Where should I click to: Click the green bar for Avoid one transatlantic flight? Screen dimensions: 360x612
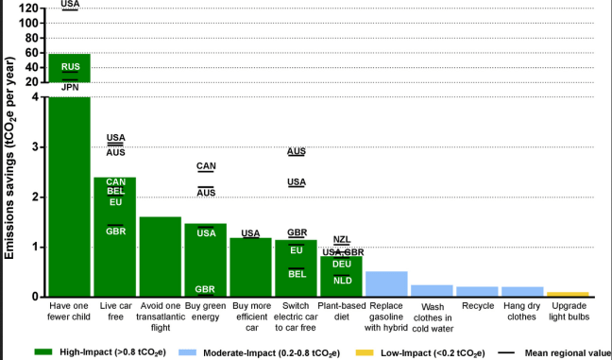(x=160, y=256)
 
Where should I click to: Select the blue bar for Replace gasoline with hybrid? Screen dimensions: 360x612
(x=386, y=283)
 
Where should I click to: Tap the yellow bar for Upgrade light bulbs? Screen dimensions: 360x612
(x=568, y=294)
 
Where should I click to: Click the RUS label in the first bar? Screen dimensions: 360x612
(x=71, y=66)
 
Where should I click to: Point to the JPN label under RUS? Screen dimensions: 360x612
(x=71, y=87)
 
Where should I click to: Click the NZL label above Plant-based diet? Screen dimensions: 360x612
(x=342, y=240)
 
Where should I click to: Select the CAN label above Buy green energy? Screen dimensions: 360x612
(x=206, y=166)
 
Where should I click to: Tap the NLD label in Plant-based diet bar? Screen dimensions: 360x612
(x=342, y=281)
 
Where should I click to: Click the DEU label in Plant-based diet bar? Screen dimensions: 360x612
(x=342, y=265)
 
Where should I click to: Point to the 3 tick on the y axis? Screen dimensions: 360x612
(x=36, y=146)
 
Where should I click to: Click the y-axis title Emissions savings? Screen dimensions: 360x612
(x=10, y=171)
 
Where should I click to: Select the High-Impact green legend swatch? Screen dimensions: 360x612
(x=45, y=351)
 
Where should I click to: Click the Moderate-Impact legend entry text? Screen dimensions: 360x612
(x=304, y=351)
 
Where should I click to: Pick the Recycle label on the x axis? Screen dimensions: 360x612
(x=477, y=306)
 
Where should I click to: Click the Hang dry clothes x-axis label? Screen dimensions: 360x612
(x=522, y=312)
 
